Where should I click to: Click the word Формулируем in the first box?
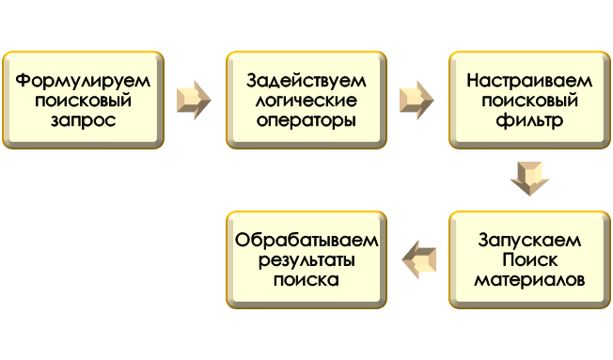pos(83,80)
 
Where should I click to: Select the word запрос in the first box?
pos(83,121)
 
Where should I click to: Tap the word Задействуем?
pos(306,80)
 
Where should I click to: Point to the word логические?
pos(306,101)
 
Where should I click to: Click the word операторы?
pos(306,121)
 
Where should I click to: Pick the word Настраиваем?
pos(529,80)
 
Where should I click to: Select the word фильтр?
pos(529,121)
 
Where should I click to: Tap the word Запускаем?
pos(529,240)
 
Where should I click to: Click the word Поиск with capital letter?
pos(529,259)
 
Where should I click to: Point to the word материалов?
pos(529,280)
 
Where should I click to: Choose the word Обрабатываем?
pos(306,240)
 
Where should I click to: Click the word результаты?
pos(306,259)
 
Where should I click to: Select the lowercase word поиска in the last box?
pos(306,280)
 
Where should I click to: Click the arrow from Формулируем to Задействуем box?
pos(194,100)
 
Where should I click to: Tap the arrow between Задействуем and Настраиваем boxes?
pos(417,100)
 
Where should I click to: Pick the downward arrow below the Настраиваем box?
pos(529,178)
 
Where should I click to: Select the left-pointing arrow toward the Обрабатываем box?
pos(419,259)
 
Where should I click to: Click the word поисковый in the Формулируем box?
pos(83,101)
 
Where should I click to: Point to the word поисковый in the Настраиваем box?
pos(529,101)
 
